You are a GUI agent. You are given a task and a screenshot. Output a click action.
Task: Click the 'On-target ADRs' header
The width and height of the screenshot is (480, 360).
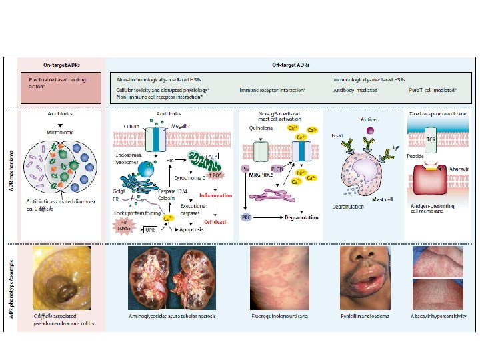pos(62,65)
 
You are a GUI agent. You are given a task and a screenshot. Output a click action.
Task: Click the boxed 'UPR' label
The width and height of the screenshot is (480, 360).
pos(151,229)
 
